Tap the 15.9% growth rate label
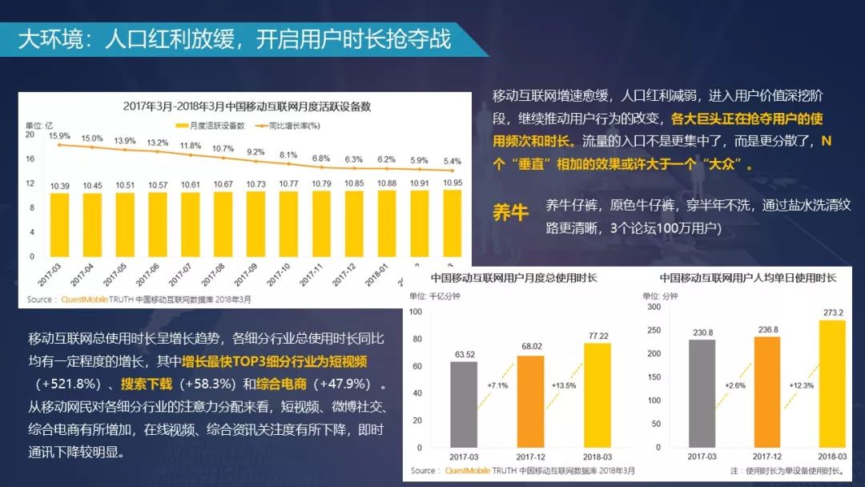(x=58, y=135)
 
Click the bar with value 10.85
(x=352, y=224)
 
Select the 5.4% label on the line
(x=453, y=161)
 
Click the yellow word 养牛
(x=511, y=213)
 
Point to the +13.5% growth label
(x=564, y=385)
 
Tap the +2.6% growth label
(x=734, y=385)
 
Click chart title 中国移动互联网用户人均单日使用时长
(x=748, y=278)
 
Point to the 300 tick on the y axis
(x=654, y=307)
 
